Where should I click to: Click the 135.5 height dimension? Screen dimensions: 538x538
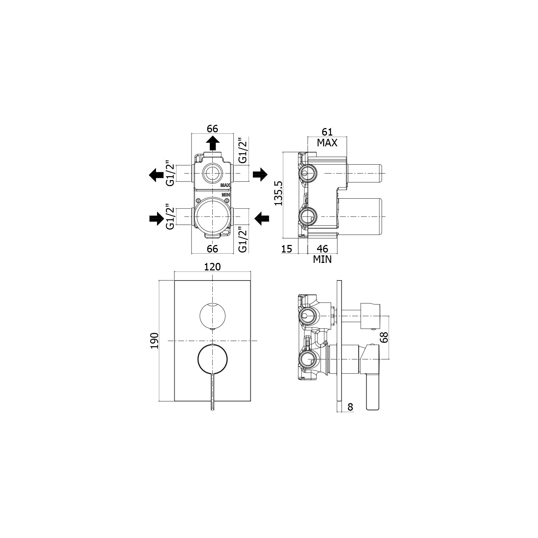[279, 193]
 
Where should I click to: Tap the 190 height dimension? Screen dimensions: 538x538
[154, 340]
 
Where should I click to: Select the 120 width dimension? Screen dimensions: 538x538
[212, 267]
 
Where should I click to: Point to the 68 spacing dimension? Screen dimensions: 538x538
[384, 337]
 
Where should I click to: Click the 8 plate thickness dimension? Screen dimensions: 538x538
[350, 407]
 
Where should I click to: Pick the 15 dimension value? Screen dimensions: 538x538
[287, 249]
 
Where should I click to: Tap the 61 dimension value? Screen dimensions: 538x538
[327, 132]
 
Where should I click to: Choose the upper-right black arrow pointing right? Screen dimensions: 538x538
[260, 174]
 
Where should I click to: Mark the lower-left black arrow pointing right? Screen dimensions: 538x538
[156, 218]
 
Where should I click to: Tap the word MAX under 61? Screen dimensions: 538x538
[327, 143]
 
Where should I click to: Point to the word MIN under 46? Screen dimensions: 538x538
[322, 259]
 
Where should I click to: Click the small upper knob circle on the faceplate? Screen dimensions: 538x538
[212, 315]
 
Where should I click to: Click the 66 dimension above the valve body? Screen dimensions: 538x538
[212, 128]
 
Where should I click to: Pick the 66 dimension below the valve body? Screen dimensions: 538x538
[212, 248]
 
